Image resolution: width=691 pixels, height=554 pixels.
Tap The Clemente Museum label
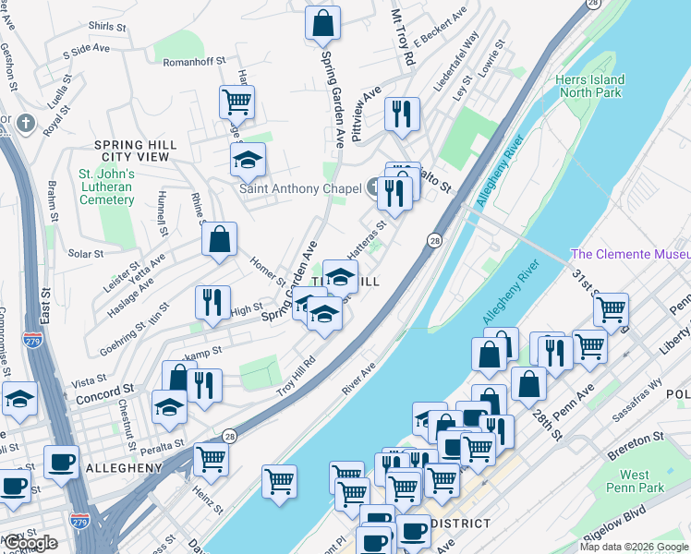point(630,255)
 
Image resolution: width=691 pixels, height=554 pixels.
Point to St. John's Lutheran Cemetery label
point(106,187)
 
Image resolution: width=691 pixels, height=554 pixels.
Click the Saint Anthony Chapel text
point(300,188)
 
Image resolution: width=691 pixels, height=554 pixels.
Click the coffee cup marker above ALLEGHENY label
point(61,461)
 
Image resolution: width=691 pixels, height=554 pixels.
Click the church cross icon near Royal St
point(26,123)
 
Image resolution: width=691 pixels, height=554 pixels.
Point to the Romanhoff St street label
point(194,61)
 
